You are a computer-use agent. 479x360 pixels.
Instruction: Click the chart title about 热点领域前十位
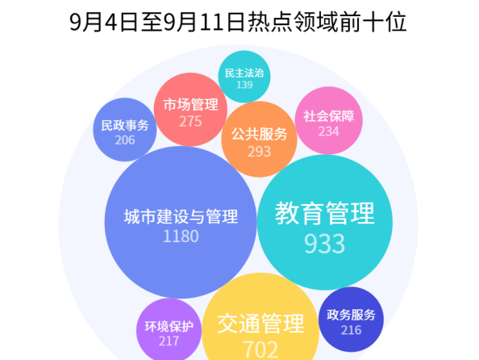coord(238,22)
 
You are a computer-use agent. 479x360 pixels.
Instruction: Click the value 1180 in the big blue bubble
coord(181,237)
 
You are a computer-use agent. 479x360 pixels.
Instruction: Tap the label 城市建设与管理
coord(181,216)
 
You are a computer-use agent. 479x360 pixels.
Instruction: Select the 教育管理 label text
coord(325,213)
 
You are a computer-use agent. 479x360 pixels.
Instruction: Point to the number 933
coord(325,244)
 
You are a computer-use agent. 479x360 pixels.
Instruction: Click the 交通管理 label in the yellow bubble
coord(260,324)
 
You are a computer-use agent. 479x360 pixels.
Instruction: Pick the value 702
coord(260,350)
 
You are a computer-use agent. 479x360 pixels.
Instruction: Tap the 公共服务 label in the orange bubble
coord(260,134)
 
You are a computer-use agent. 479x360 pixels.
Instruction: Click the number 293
coord(260,152)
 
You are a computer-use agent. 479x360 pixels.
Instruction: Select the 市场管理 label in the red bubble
coord(190,105)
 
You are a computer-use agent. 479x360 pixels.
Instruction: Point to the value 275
coord(190,121)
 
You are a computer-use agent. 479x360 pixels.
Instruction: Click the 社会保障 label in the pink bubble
coord(329,116)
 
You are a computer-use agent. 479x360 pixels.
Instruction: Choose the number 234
coord(329,132)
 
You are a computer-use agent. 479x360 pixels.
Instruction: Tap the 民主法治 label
coord(244,73)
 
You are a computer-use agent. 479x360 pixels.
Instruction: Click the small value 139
coord(244,85)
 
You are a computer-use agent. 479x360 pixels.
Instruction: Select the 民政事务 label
coord(125,125)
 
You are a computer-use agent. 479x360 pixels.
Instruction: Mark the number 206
coord(125,140)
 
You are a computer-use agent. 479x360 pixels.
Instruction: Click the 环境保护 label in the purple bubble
coord(169,327)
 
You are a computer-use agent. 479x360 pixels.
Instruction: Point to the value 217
coord(169,341)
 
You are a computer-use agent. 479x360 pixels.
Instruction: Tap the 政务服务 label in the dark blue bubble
coord(351,315)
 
